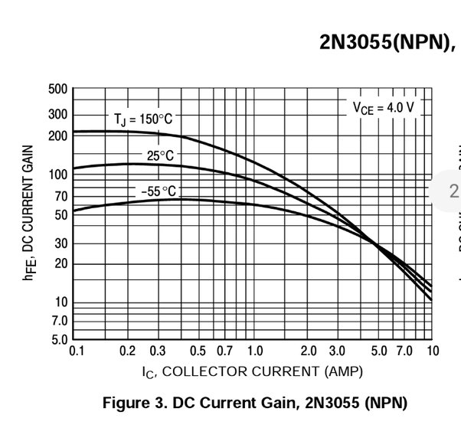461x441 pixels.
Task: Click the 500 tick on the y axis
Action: point(58,89)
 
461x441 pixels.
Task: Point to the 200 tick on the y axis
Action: point(58,136)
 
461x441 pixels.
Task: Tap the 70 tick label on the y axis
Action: point(60,196)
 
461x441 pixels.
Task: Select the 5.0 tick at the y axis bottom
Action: point(58,339)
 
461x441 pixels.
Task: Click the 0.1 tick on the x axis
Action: point(77,351)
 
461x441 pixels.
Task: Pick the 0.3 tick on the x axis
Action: point(158,351)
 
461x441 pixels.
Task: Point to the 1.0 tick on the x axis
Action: point(255,351)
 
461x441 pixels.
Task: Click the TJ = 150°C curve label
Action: point(144,119)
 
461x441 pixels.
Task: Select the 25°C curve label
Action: point(160,156)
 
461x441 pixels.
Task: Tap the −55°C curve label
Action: point(158,191)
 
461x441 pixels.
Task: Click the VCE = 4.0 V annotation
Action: point(383,108)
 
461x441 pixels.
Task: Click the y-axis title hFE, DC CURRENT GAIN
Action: point(28,213)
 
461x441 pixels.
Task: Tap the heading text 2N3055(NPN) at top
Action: point(387,43)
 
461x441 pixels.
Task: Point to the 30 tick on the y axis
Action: point(60,243)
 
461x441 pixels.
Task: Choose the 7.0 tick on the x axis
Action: point(404,351)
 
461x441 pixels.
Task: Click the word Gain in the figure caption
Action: point(273,403)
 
